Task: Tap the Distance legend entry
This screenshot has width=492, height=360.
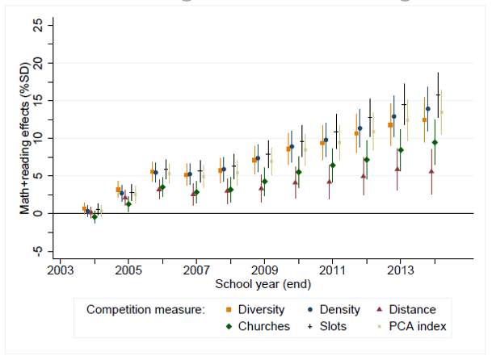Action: [x=435, y=309]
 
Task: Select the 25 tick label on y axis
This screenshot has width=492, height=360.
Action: [x=36, y=25]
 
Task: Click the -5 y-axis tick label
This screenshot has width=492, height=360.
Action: [x=36, y=251]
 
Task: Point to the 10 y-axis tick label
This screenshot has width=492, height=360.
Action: [x=36, y=138]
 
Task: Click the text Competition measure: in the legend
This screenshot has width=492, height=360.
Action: [x=144, y=309]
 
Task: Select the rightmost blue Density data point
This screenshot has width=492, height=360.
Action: [x=427, y=108]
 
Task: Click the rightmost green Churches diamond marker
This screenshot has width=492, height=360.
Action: [x=435, y=142]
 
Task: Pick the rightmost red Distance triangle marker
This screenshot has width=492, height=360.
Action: [x=431, y=171]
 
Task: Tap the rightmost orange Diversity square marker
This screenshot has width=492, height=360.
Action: [x=424, y=119]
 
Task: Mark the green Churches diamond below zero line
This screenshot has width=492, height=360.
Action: [x=95, y=216]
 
